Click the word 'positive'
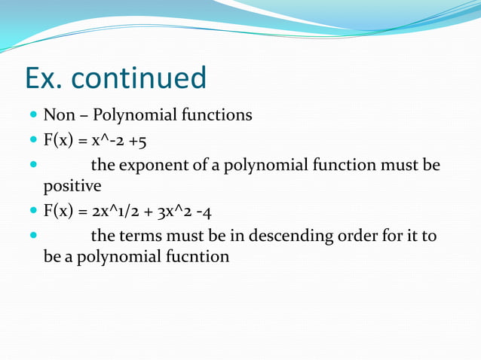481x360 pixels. (72, 185)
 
